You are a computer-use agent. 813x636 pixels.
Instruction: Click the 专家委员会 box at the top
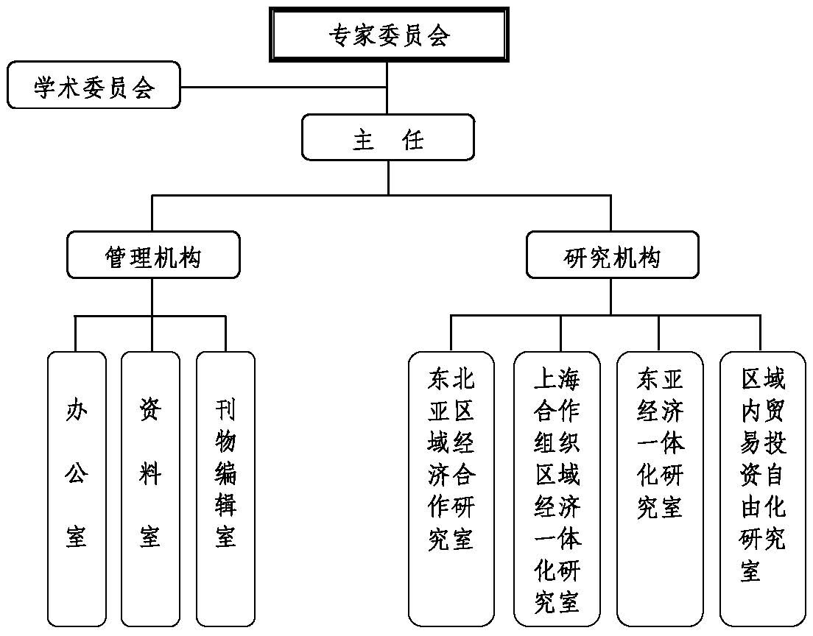(x=388, y=35)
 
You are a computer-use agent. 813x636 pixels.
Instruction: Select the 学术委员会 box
(x=94, y=85)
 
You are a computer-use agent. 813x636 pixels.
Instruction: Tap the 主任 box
(x=388, y=137)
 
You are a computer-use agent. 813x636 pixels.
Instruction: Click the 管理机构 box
(x=153, y=255)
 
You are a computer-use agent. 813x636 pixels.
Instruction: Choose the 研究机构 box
(x=612, y=255)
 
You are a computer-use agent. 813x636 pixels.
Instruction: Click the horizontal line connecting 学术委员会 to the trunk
(x=284, y=87)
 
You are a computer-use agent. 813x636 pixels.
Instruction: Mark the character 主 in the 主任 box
(x=364, y=138)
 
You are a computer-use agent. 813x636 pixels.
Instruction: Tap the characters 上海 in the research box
(x=557, y=379)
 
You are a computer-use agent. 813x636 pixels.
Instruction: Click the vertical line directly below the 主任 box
(x=388, y=177)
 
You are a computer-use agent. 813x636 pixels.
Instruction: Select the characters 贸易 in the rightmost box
(x=763, y=426)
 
